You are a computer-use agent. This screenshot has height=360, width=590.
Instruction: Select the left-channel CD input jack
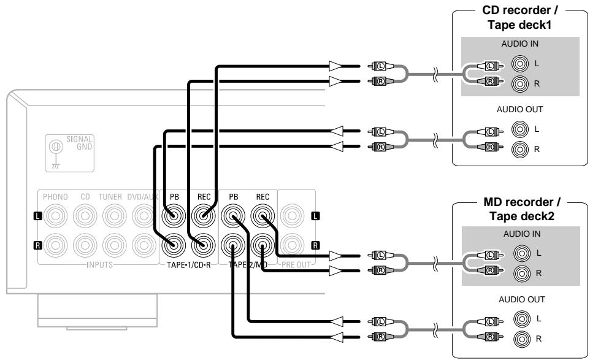84,216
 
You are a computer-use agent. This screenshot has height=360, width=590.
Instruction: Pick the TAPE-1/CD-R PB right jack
172,247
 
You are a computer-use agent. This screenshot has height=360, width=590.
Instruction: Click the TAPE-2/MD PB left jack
234,216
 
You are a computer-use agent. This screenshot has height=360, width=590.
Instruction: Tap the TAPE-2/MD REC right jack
262,247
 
